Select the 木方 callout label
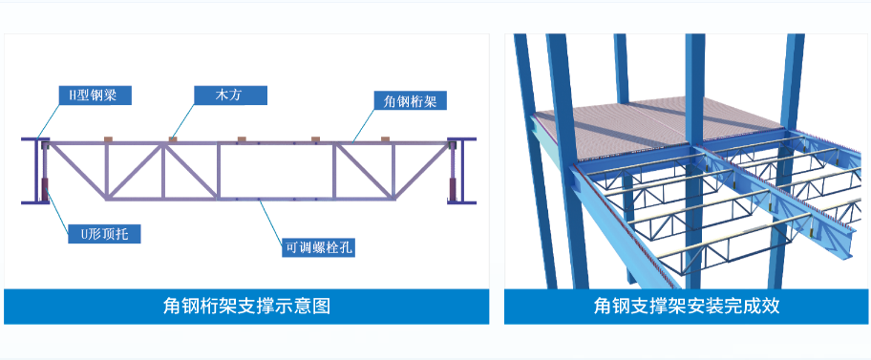click(x=229, y=95)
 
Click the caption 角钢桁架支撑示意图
click(x=246, y=307)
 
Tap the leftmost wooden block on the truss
click(x=106, y=140)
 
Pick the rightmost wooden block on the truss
click(x=385, y=140)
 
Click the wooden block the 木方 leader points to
click(x=172, y=140)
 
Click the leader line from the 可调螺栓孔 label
click(x=277, y=220)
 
